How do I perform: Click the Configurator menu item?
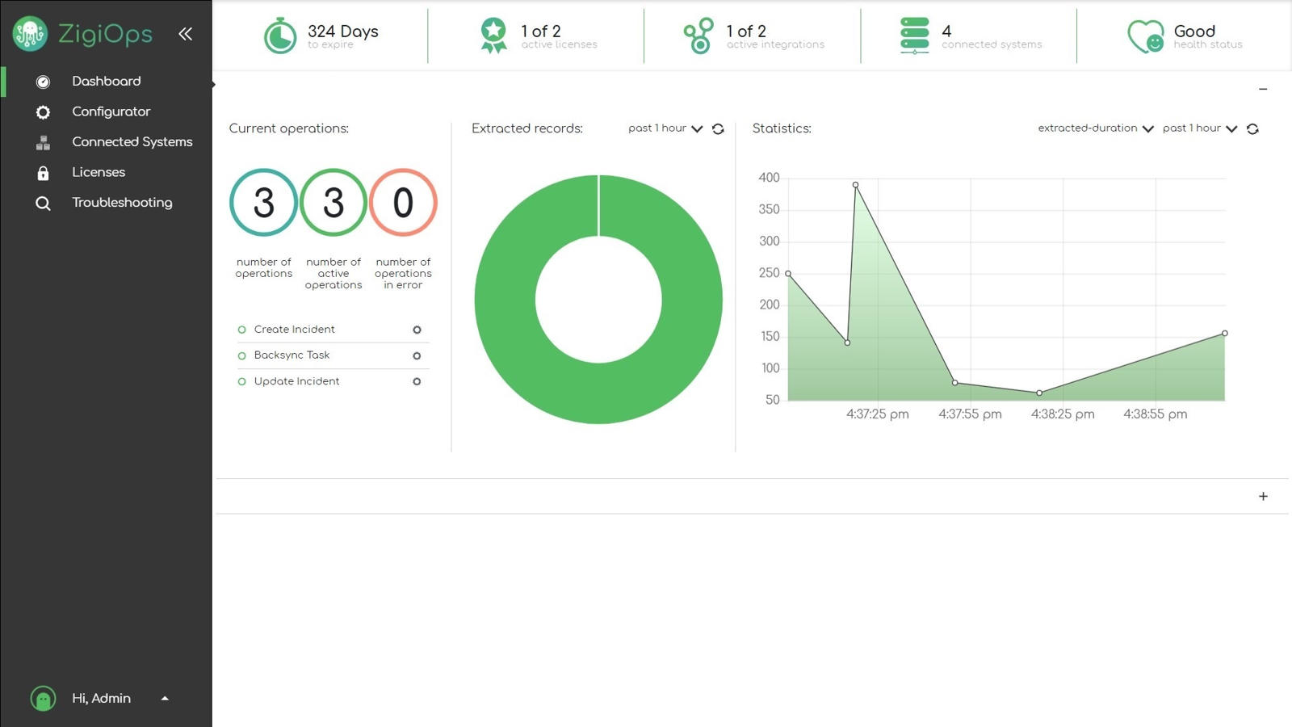[111, 111]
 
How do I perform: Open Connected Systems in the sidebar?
[132, 142]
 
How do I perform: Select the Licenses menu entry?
[98, 172]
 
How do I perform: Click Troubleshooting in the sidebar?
[122, 203]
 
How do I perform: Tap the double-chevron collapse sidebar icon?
[185, 34]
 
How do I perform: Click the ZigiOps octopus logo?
[30, 34]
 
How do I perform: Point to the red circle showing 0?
[403, 202]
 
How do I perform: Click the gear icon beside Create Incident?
[417, 330]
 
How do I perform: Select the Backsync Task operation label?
[292, 355]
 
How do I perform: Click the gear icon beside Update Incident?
[417, 381]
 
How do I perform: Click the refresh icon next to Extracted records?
[718, 129]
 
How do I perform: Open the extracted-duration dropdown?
[1096, 128]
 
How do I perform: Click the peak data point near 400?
[855, 185]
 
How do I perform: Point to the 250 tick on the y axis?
[769, 273]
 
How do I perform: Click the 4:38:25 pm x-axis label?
[1063, 414]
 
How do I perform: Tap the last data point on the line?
[1224, 333]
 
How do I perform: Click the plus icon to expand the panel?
[1263, 497]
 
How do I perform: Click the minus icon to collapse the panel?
[1263, 89]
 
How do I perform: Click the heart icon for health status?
[1145, 36]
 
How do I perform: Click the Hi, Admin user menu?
[101, 699]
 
